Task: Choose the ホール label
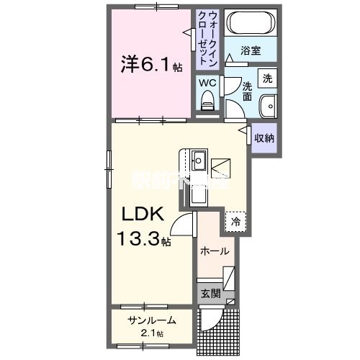click(x=215, y=252)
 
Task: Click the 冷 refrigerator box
click(x=235, y=222)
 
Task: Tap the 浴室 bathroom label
click(x=251, y=53)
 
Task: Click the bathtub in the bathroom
click(x=251, y=24)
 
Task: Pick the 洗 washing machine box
click(x=266, y=78)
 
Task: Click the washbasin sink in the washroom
click(x=266, y=104)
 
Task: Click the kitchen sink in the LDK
click(x=199, y=159)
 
